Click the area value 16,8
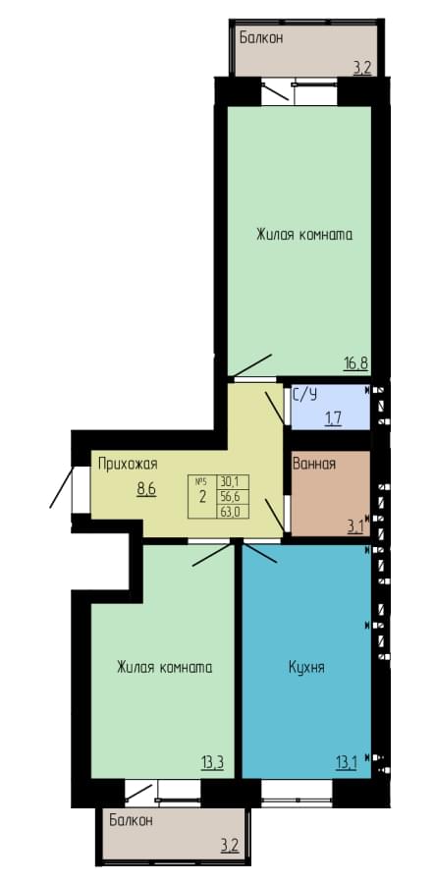pyautogui.click(x=355, y=362)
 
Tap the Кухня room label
pyautogui.click(x=306, y=668)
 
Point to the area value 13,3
pyautogui.click(x=212, y=763)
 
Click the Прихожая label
pyautogui.click(x=128, y=465)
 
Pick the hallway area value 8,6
pyautogui.click(x=146, y=488)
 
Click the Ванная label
pyautogui.click(x=314, y=464)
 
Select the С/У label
pyautogui.click(x=304, y=395)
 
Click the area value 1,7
pyautogui.click(x=333, y=418)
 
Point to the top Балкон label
pyautogui.click(x=261, y=38)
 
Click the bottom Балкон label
pyautogui.click(x=131, y=820)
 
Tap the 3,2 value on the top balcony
pyautogui.click(x=361, y=69)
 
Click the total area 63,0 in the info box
pyautogui.click(x=228, y=512)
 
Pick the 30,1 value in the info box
pyautogui.click(x=228, y=482)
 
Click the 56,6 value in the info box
pyautogui.click(x=228, y=497)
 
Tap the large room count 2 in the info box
pyautogui.click(x=201, y=497)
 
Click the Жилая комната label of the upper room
pyautogui.click(x=304, y=235)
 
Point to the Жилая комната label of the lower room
pyautogui.click(x=165, y=668)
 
